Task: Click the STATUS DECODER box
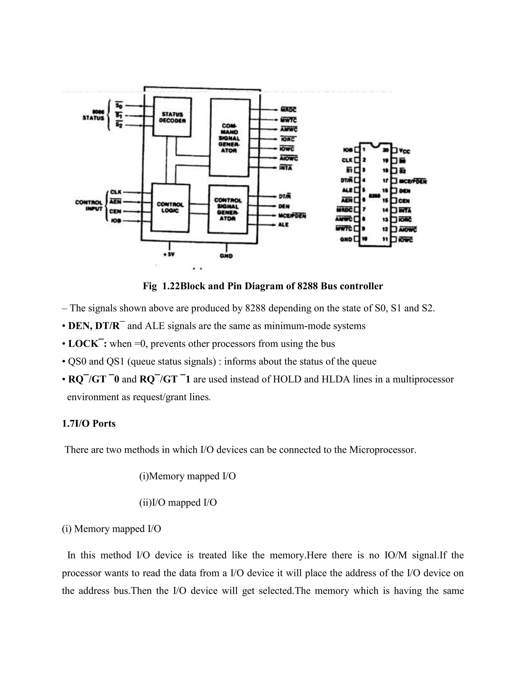click(x=172, y=117)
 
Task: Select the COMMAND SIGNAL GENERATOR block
click(x=230, y=138)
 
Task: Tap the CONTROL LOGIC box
click(x=170, y=208)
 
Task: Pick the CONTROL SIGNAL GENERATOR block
click(x=228, y=209)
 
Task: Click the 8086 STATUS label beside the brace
click(x=93, y=115)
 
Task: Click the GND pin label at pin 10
click(x=346, y=239)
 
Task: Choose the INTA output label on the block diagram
click(x=286, y=168)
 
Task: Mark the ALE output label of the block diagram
click(x=283, y=225)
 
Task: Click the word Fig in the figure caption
click(x=149, y=286)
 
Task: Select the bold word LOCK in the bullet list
click(x=83, y=344)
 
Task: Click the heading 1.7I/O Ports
click(x=89, y=423)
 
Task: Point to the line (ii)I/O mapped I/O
click(x=178, y=502)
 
